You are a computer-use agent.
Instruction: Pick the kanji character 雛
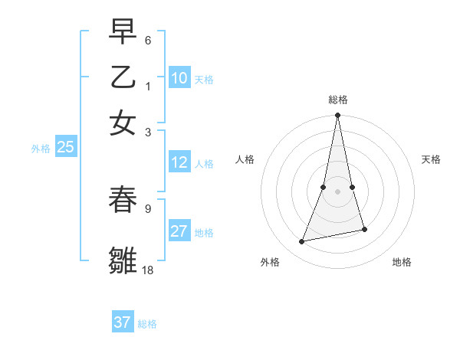coord(123,259)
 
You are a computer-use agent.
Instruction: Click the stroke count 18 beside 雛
coord(149,270)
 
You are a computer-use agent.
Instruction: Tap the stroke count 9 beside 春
coord(148,207)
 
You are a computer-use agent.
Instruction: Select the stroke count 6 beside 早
coord(148,39)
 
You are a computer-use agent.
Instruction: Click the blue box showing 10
coord(179,78)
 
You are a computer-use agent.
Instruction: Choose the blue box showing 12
coord(179,162)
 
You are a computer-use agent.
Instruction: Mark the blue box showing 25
coord(65,148)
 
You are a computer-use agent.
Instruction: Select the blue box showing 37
coord(123,322)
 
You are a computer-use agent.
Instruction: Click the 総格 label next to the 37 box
coord(147,324)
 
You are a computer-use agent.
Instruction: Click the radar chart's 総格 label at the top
coord(337,100)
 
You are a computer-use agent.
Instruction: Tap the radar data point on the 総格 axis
coord(337,116)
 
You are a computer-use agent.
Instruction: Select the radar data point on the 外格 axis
coord(302,242)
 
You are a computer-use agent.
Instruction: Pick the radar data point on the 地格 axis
coord(364,229)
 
